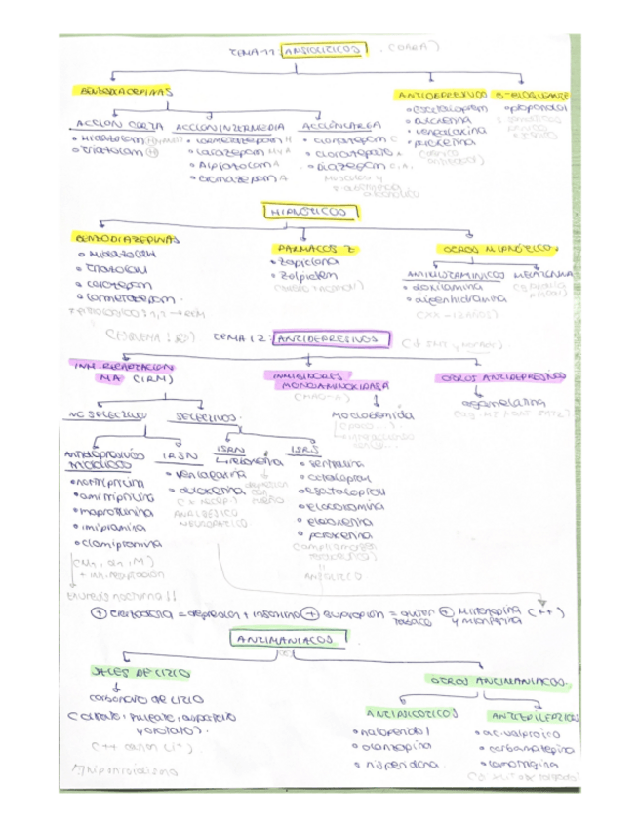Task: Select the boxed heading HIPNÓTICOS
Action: coord(305,211)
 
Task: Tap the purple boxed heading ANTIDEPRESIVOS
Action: coord(326,339)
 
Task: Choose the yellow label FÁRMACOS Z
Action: coord(311,250)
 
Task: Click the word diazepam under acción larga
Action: coord(343,167)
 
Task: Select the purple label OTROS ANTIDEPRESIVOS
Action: coord(503,376)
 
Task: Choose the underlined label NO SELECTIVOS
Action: coord(104,416)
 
